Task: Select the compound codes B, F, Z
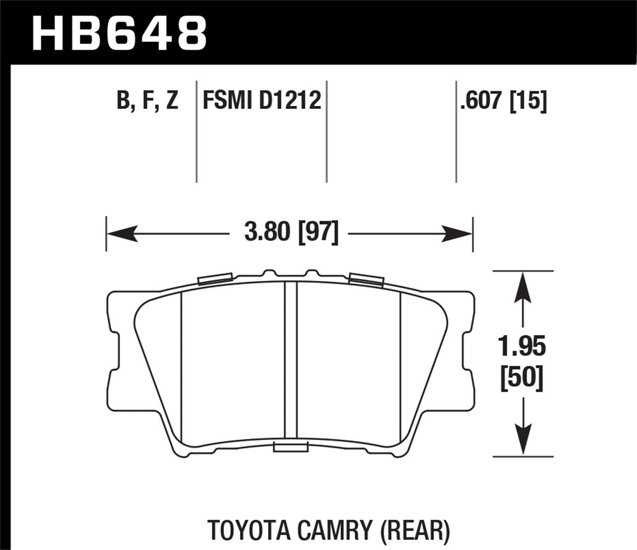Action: (147, 101)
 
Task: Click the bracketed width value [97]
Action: (318, 233)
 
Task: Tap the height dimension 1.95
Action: (522, 347)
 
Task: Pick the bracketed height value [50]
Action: (522, 377)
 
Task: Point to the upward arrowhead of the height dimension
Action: (522, 286)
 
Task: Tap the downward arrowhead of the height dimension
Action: (522, 441)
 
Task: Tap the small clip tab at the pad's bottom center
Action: (291, 447)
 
